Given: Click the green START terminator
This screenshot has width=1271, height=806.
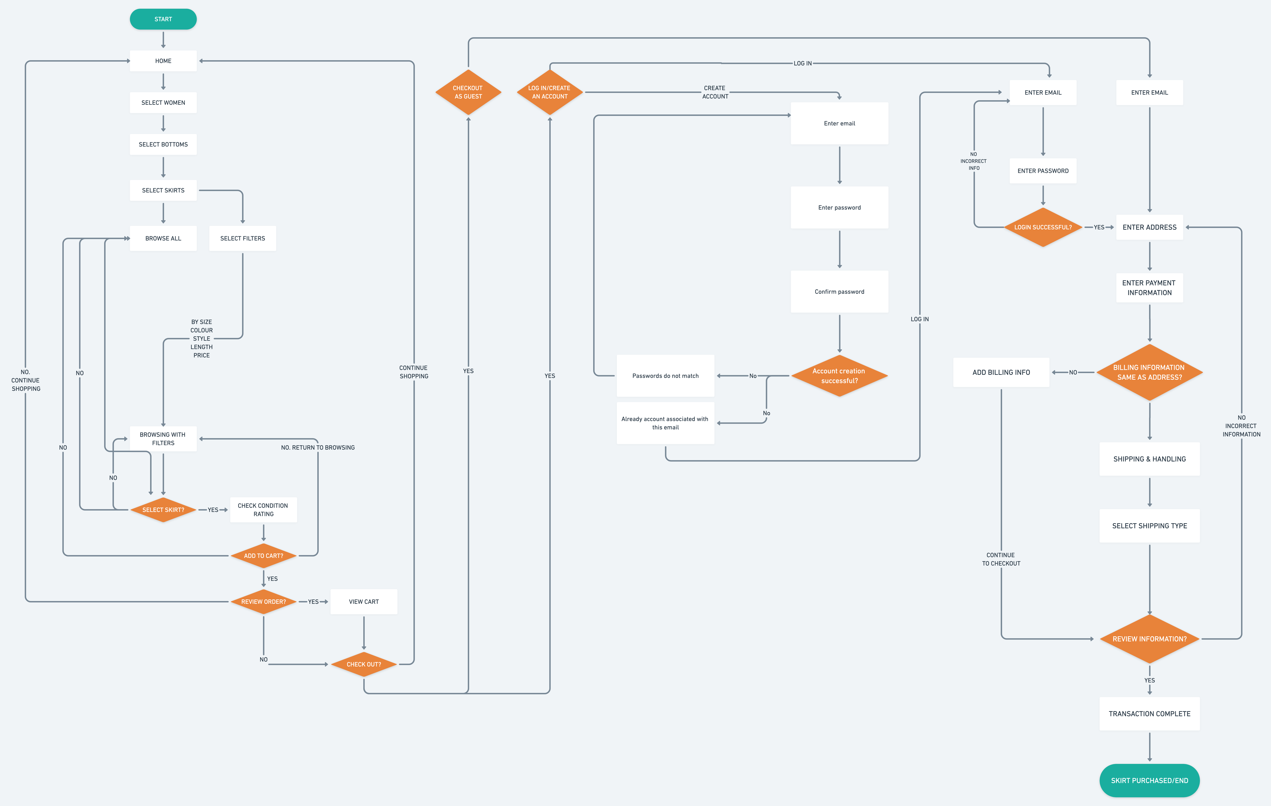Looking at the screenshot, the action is (163, 19).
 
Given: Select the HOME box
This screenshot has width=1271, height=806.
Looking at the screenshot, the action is (163, 61).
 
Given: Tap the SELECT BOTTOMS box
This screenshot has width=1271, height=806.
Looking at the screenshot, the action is (163, 144).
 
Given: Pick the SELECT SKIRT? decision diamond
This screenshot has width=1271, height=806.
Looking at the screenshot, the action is (163, 509).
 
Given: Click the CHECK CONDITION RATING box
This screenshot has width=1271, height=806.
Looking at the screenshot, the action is (263, 509).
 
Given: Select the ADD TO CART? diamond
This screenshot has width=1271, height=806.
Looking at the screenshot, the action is (263, 555).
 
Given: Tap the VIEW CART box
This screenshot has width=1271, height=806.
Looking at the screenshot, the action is (364, 601).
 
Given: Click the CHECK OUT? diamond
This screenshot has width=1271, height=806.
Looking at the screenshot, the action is (364, 664).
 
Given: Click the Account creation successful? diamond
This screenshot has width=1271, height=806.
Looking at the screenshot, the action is (839, 376).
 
